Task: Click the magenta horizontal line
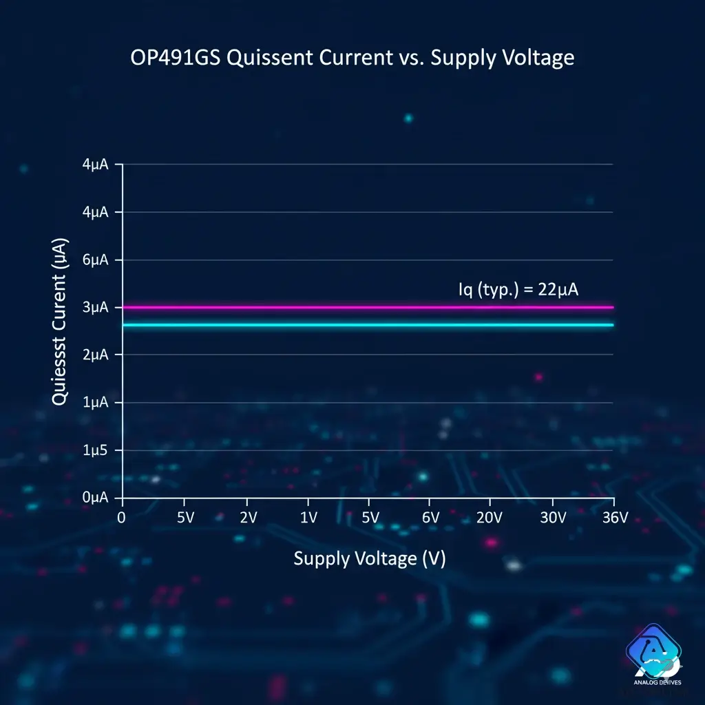[365, 307]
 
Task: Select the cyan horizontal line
[365, 325]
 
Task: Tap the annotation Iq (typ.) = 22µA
[518, 289]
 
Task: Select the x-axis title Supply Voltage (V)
[370, 558]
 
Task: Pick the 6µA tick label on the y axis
[96, 260]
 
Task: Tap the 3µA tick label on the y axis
[96, 307]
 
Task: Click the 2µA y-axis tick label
[96, 355]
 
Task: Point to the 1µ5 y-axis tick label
[96, 450]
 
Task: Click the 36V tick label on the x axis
[614, 518]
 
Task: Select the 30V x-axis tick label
[553, 518]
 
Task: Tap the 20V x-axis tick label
[490, 518]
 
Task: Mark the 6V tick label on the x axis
[430, 518]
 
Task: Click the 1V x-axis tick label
[308, 518]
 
